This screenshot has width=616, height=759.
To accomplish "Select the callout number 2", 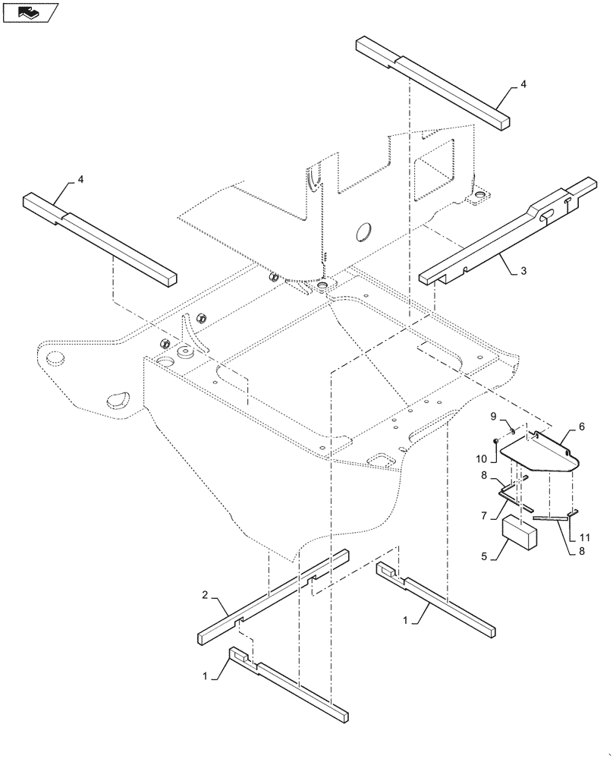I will click(204, 596).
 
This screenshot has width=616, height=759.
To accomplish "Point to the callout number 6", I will click(581, 428).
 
